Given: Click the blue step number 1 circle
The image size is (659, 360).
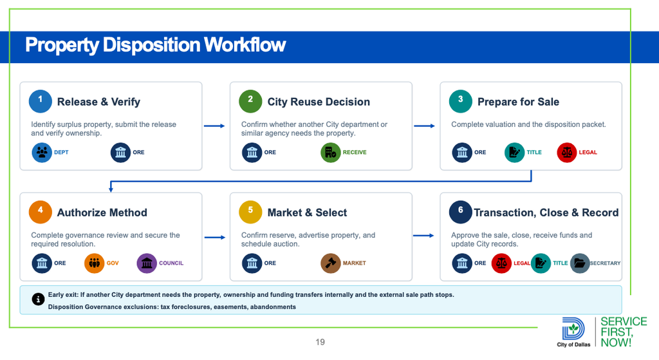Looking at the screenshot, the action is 41,101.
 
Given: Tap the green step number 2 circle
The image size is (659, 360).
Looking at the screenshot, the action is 250,101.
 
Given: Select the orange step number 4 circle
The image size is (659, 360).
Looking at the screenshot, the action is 41,212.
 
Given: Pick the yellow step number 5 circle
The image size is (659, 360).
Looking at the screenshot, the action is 250,212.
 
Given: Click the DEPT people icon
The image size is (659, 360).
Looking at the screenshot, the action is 42,152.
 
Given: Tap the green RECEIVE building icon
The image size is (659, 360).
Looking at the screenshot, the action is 331,152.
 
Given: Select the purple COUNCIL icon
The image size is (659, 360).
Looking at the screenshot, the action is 147,263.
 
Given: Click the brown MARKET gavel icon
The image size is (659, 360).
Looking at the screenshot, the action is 331,263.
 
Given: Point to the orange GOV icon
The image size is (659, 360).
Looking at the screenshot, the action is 94,263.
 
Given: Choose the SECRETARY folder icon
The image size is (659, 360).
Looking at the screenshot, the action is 580,263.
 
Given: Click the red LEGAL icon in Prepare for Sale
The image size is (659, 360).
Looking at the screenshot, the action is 567,152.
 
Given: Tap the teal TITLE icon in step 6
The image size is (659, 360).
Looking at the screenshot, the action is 541,263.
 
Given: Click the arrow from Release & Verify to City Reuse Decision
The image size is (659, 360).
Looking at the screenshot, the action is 214,126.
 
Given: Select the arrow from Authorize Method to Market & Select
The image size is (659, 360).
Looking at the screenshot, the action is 215,237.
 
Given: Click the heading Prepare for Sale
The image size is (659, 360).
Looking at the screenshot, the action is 518,102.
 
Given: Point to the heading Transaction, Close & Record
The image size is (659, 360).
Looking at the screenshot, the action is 546,213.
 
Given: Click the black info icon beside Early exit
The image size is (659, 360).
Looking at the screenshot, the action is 38,299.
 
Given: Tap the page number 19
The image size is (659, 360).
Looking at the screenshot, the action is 320,342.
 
